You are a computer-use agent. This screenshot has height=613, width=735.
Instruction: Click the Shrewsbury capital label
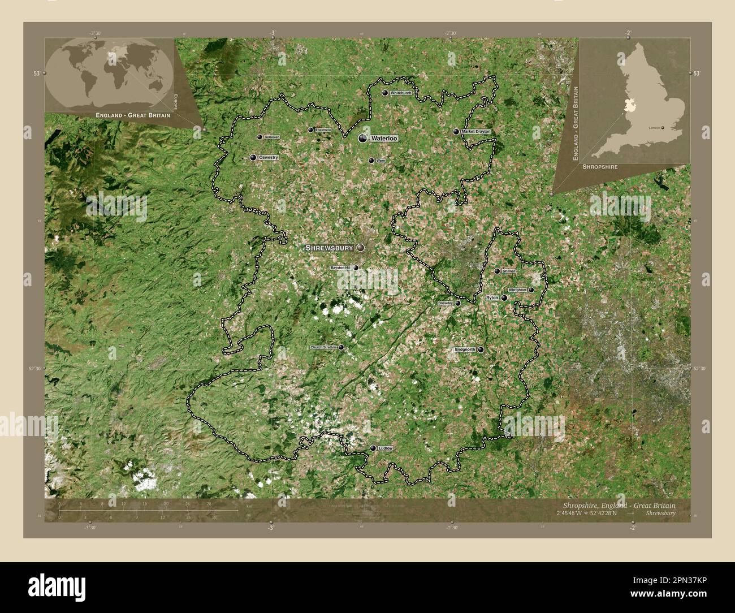(329, 248)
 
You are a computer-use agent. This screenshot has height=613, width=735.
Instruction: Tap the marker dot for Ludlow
(373, 448)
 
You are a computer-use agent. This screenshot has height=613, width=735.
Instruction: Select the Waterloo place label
(384, 138)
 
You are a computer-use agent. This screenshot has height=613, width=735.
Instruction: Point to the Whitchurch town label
(400, 93)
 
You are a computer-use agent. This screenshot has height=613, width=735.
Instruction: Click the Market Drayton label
(476, 131)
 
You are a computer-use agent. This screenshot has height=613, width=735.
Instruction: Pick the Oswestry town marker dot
(253, 157)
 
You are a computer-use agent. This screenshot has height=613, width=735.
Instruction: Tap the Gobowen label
(272, 137)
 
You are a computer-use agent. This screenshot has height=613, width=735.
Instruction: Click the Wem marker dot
(371, 161)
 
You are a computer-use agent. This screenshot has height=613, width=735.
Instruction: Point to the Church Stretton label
(323, 347)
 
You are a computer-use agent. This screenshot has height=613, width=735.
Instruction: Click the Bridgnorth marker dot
(481, 350)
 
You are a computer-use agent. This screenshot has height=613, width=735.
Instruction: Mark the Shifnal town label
(508, 271)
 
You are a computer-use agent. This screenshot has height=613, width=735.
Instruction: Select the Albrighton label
(517, 290)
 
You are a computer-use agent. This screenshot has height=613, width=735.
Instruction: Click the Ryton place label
(492, 297)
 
